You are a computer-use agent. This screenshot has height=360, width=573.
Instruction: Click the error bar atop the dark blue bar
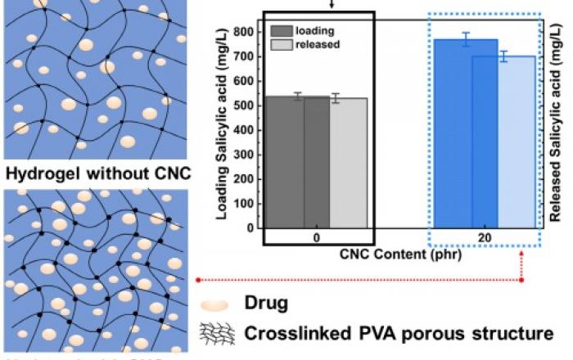(465, 39)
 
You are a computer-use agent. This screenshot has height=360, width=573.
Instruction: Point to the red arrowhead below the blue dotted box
(521, 280)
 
